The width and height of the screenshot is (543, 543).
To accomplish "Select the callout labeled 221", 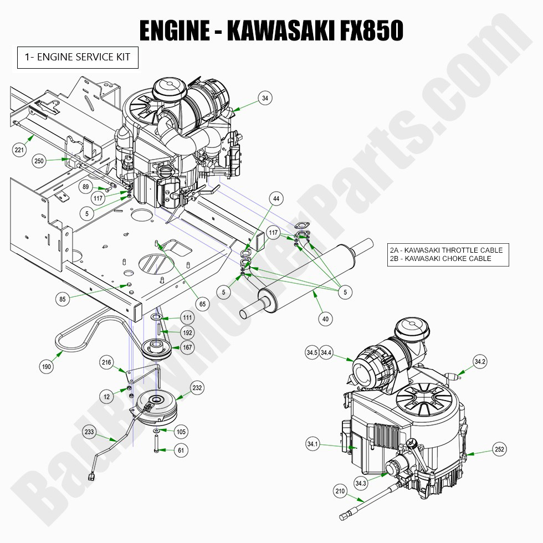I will [x=20, y=149].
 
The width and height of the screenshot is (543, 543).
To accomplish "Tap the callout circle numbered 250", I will [x=39, y=161].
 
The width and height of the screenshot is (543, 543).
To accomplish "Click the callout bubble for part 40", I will [x=325, y=318].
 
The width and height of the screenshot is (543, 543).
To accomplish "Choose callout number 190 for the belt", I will [x=48, y=366].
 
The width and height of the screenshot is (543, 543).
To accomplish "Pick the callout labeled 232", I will [x=197, y=388].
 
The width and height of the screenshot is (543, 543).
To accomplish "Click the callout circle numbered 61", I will [x=181, y=450].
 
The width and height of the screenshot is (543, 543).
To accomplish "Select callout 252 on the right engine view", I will [x=499, y=450].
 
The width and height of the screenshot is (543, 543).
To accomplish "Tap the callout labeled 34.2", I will [x=480, y=362].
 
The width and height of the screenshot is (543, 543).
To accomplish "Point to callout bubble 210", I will [x=340, y=491].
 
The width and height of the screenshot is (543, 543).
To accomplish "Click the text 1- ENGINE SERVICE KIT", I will [x=78, y=57].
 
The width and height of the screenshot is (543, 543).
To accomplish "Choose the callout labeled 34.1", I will [x=313, y=444].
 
